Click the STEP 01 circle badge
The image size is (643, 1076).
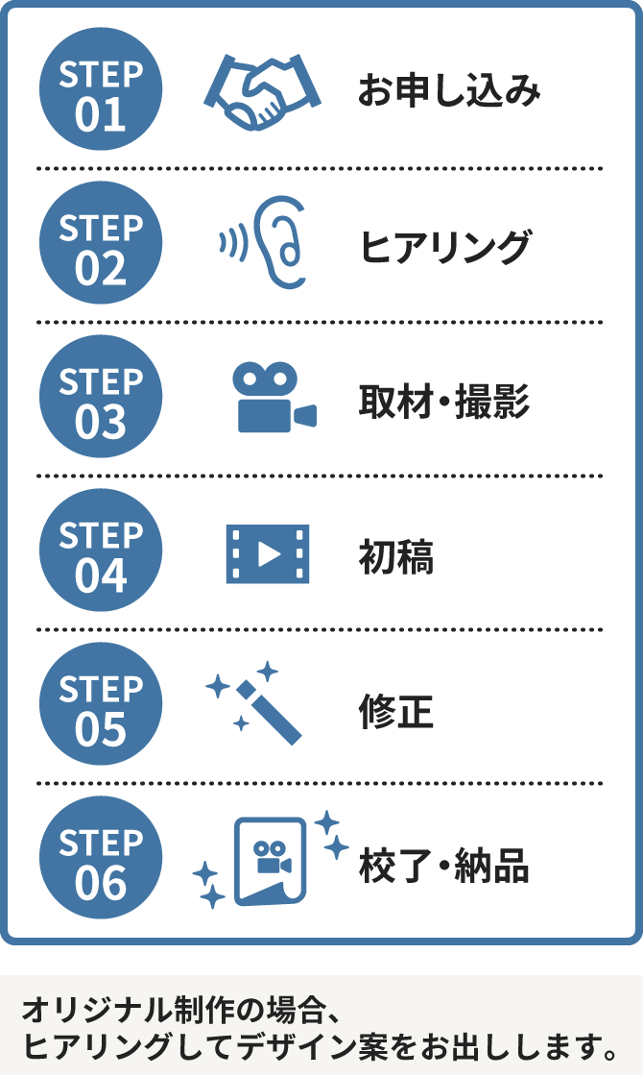coord(101,90)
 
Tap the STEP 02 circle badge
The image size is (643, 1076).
coord(101,244)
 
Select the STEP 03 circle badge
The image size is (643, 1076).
coord(101,398)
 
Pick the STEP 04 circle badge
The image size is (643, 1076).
coord(101,551)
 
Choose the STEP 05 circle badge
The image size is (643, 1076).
coord(101,705)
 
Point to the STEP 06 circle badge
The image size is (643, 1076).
coord(101,859)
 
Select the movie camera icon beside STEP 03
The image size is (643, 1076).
coord(272,398)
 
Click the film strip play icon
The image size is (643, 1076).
coord(268,553)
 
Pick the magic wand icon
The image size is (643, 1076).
coord(259,705)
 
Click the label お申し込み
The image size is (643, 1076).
coord(449,91)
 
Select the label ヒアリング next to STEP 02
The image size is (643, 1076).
coord(444,247)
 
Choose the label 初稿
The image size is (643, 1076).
coord(395,555)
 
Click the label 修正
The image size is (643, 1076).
coord(395,710)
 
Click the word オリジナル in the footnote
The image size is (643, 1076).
coord(81,1012)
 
